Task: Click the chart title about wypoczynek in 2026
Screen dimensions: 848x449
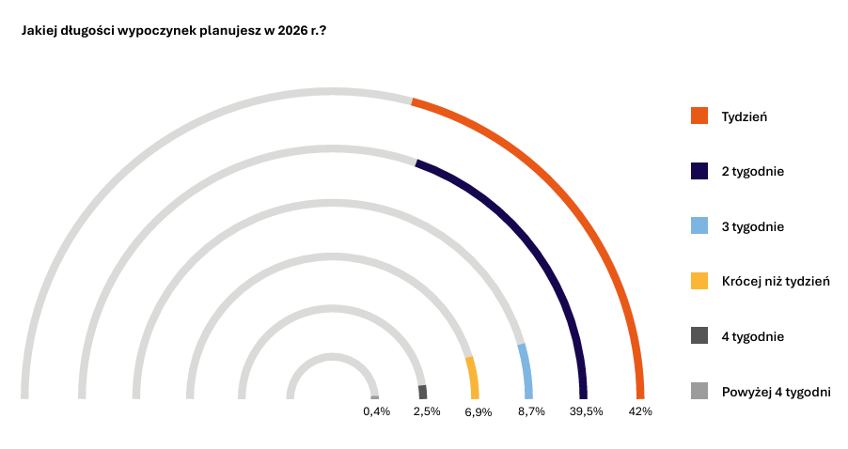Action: click(x=174, y=31)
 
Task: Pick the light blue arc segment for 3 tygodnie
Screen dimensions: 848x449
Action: click(x=526, y=371)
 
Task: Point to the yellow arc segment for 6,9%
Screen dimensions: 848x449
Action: click(x=473, y=377)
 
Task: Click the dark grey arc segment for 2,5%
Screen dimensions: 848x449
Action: click(x=423, y=393)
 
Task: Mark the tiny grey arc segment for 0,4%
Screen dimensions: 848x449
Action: click(x=375, y=397)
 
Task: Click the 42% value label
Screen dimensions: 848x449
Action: click(x=640, y=411)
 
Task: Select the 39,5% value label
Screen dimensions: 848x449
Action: click(x=586, y=411)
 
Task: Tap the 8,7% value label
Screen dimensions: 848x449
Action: click(x=531, y=411)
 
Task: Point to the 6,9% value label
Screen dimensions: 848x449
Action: click(x=479, y=412)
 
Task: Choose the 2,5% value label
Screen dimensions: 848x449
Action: click(x=427, y=411)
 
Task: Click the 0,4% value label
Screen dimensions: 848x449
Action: click(x=376, y=411)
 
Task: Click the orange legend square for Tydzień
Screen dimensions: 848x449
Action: click(x=699, y=116)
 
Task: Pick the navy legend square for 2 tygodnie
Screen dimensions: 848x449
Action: click(x=699, y=171)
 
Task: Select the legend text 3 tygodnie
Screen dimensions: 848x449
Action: click(x=752, y=226)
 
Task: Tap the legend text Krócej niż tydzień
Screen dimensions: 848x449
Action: click(x=776, y=281)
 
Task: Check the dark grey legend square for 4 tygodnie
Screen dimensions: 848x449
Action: click(x=699, y=335)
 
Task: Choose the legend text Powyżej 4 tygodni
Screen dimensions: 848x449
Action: click(x=776, y=391)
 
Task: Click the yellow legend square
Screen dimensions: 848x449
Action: click(x=699, y=281)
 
